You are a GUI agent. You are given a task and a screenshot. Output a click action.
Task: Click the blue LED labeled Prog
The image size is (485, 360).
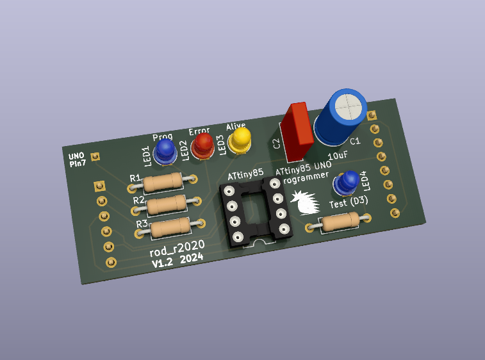(x=165, y=151)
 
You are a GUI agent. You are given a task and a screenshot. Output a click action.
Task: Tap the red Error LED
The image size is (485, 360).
(x=204, y=144)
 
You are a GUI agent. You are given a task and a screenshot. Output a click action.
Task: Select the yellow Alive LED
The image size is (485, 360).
(x=241, y=139)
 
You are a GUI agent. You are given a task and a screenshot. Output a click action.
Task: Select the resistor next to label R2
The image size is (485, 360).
(x=167, y=204)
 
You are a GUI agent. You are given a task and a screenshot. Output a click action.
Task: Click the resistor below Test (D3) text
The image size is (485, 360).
(x=339, y=222)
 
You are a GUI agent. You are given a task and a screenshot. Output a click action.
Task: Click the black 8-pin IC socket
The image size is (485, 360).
(x=256, y=211)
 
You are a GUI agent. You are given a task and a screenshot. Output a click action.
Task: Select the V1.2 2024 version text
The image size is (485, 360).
(x=177, y=259)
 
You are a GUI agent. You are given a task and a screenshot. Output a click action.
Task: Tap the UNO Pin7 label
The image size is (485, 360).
(x=77, y=160)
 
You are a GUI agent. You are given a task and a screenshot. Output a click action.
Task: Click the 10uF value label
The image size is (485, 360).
(x=338, y=156)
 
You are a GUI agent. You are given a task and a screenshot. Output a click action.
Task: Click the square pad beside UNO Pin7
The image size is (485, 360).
(x=95, y=156)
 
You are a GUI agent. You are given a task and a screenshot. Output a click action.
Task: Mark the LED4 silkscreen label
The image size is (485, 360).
(x=366, y=181)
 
